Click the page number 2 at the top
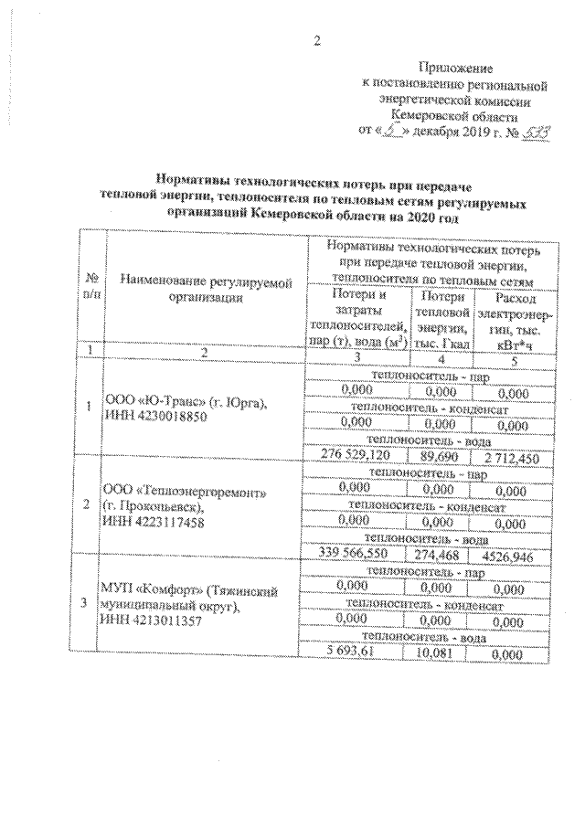[317, 40]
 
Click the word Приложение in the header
[454, 69]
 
